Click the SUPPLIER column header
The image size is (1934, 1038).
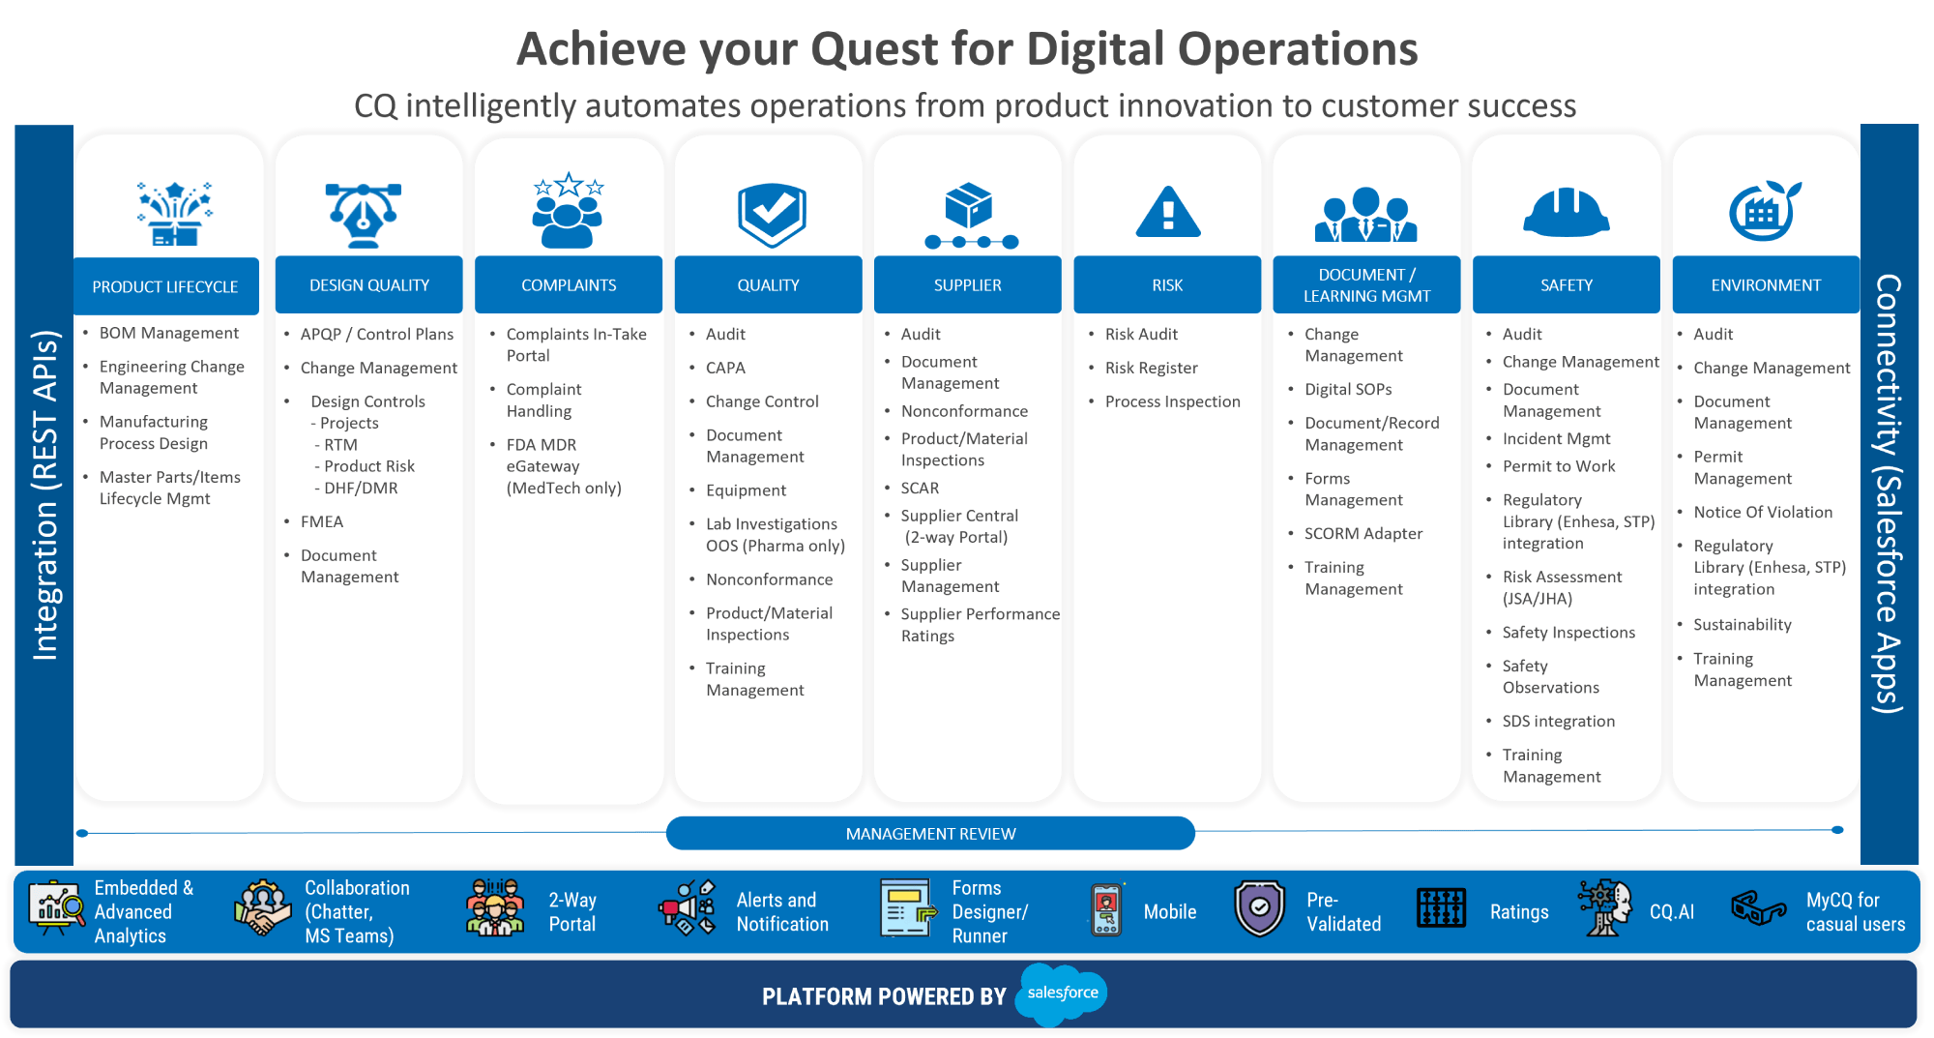[967, 285]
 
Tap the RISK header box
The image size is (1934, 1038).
[1167, 285]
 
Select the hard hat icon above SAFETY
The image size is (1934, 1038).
[1566, 212]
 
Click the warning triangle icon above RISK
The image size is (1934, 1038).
[1168, 212]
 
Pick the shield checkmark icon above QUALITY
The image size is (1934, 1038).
[772, 214]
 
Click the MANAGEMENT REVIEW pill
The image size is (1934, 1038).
[930, 833]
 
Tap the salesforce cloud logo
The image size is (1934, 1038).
[1062, 994]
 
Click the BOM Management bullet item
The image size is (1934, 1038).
[169, 333]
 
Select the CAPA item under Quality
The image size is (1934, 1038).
[725, 368]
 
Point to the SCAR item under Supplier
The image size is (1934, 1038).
[920, 488]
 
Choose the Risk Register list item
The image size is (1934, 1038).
[1151, 368]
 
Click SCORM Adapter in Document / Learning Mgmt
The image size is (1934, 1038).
[1363, 533]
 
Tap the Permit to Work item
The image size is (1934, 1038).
[1559, 466]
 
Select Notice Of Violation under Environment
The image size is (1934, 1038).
[1763, 512]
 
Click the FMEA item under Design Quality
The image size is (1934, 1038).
[322, 521]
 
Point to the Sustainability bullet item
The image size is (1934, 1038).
[1743, 625]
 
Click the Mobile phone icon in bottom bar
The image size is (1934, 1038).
[1106, 909]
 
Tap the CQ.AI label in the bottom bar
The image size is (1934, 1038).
[1672, 911]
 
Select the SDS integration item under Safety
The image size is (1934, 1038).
[1559, 721]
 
